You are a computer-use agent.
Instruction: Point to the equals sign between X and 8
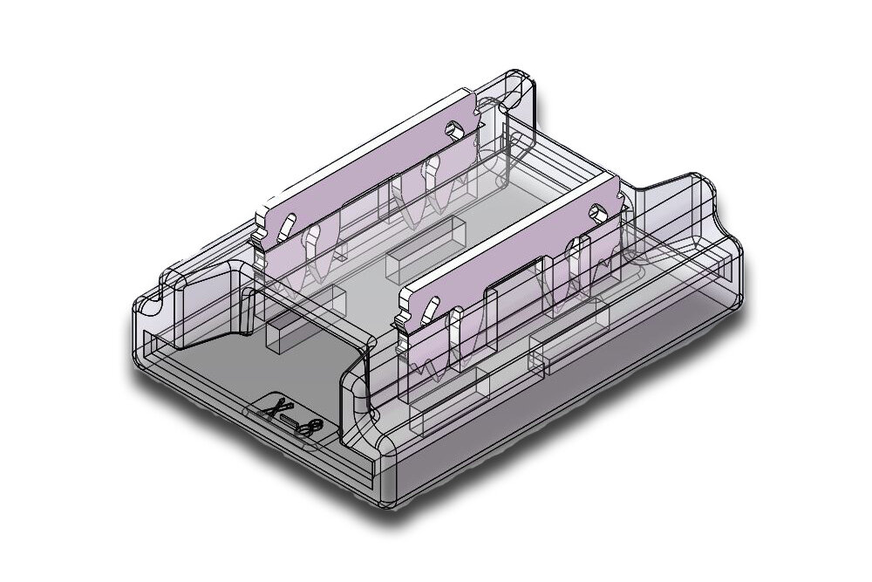point(291,421)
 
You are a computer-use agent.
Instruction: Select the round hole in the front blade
point(597,211)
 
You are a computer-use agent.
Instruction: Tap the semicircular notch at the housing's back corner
point(518,86)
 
